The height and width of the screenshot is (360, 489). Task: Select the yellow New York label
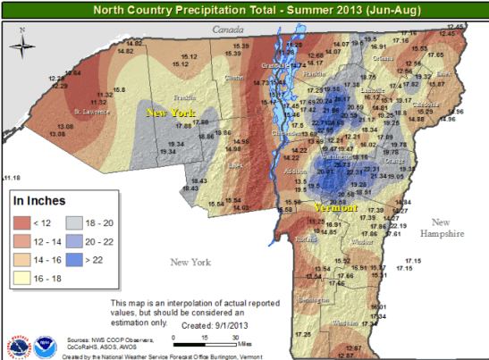(170, 113)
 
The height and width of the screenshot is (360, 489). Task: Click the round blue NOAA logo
(46, 344)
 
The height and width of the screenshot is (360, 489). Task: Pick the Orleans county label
(384, 58)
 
